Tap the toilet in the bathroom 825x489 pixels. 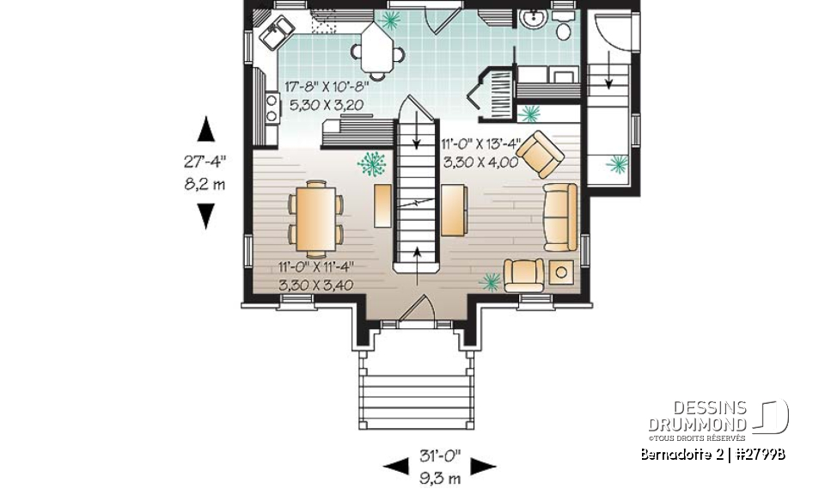(x=564, y=32)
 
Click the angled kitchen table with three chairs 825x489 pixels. (x=378, y=48)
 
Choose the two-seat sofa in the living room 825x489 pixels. (x=559, y=217)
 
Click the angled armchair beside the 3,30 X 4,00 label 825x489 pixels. (x=540, y=154)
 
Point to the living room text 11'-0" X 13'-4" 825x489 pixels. (x=480, y=144)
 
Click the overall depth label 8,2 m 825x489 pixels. (x=205, y=184)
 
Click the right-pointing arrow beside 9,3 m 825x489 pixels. (x=483, y=467)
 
